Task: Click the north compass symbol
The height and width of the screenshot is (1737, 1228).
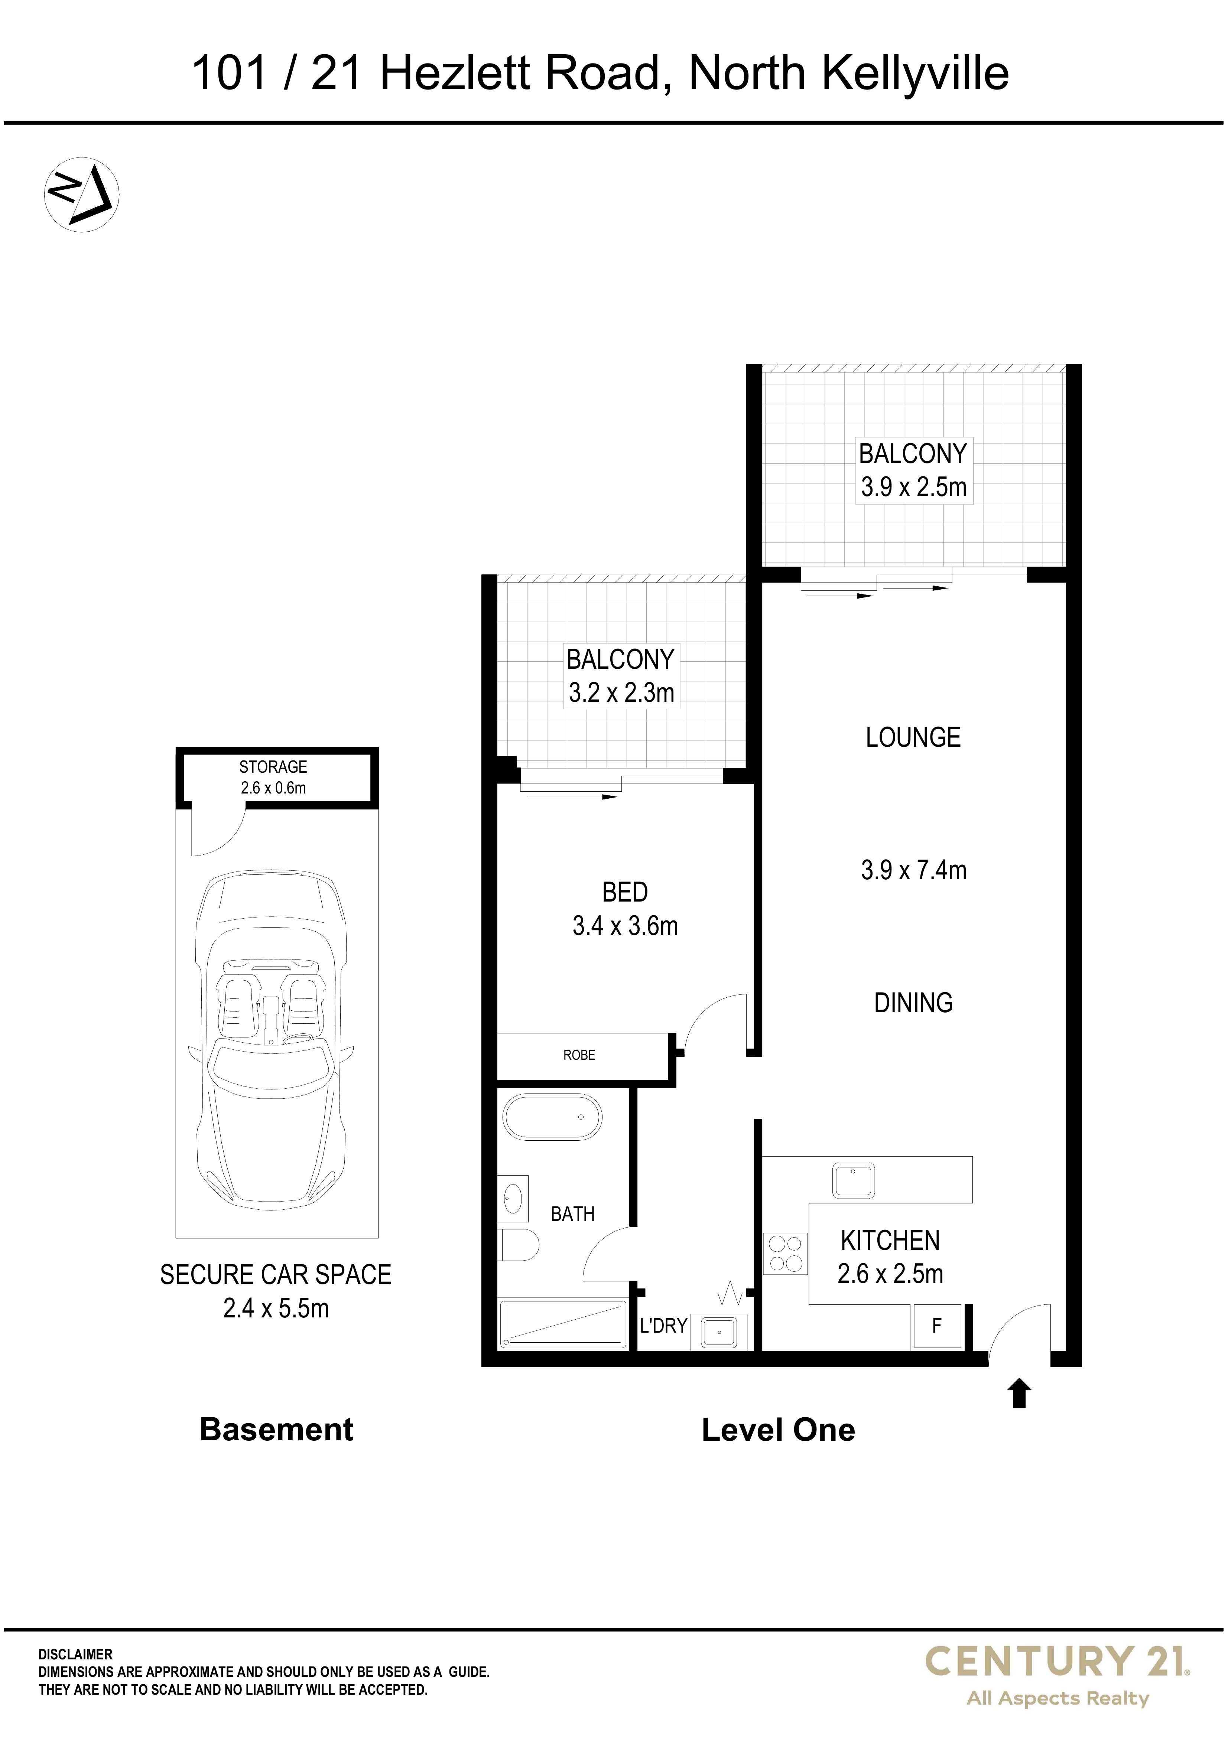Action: tap(82, 195)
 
